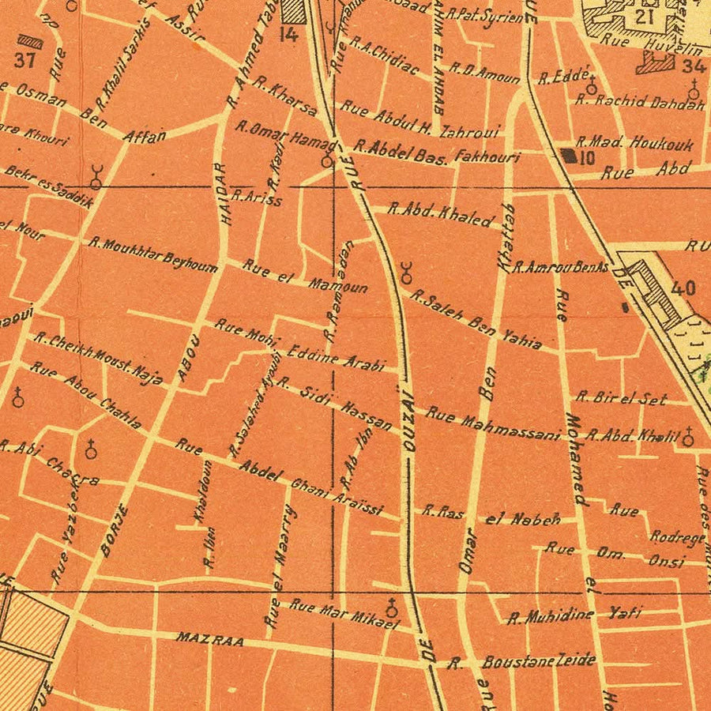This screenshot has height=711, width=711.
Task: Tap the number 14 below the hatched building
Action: click(288, 34)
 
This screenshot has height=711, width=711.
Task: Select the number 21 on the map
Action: click(644, 17)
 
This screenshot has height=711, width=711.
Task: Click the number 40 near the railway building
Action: click(682, 287)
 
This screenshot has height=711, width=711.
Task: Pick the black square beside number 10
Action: click(569, 156)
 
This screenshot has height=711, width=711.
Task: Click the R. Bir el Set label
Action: click(622, 398)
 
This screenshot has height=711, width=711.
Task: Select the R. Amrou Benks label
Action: click(560, 267)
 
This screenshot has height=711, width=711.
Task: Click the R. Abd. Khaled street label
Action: click(441, 214)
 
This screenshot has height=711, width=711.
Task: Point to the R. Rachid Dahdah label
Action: click(640, 101)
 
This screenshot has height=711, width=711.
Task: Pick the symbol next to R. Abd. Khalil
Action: click(688, 437)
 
